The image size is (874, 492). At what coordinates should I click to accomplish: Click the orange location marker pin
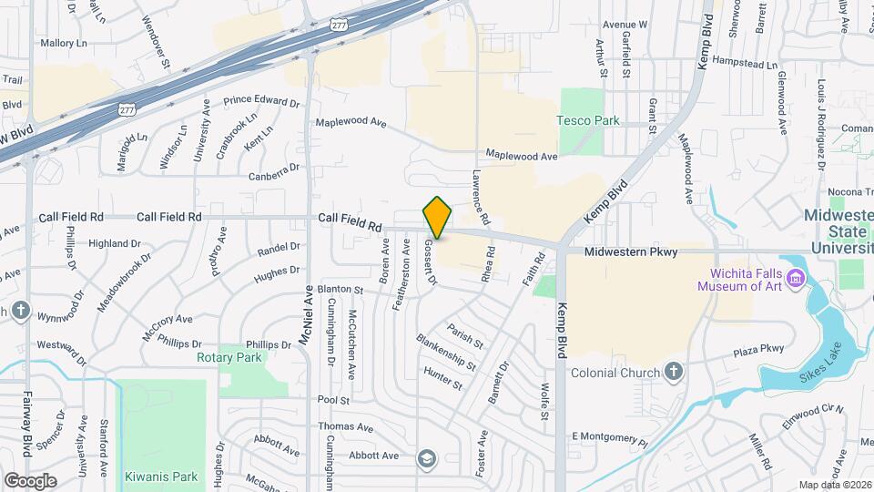coord(438,218)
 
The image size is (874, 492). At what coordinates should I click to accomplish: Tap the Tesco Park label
coord(588,120)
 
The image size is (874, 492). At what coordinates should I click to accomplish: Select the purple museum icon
coord(797,277)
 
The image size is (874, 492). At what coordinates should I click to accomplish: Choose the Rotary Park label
coord(229,357)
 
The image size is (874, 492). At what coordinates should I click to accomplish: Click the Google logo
coord(30,480)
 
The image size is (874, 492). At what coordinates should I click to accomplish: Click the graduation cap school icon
coord(426,458)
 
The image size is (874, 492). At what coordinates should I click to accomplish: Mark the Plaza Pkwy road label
coord(758,349)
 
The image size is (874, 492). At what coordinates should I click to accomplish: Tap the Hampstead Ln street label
coord(747,66)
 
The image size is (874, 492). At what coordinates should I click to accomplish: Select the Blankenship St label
coord(446,351)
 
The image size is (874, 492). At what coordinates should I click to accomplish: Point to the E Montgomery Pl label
coord(608,439)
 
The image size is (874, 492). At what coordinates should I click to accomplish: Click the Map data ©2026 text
coord(833,485)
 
